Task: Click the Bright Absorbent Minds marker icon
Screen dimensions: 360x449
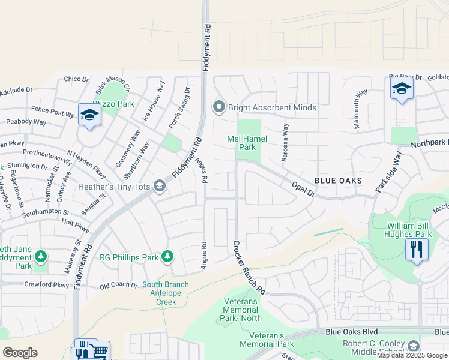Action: (x=219, y=107)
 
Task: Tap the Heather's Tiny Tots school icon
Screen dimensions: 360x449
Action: (x=159, y=187)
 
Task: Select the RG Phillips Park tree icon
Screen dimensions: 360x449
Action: (x=167, y=257)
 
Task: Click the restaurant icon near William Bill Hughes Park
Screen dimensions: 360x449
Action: (x=417, y=248)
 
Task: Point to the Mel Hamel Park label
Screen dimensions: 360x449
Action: (x=241, y=142)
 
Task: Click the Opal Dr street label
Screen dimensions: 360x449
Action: (x=303, y=190)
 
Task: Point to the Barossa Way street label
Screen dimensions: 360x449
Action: (x=286, y=143)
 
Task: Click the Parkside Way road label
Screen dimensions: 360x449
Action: (x=387, y=172)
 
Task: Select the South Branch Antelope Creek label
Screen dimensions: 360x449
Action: (x=165, y=293)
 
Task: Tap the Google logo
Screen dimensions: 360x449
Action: (x=20, y=353)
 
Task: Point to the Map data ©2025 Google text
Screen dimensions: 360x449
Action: (x=412, y=355)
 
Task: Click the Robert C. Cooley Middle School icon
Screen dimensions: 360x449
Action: (x=413, y=346)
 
